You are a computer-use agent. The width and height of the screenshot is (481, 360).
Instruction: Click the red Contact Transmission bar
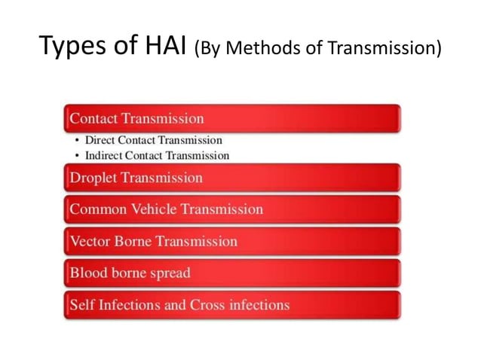(x=232, y=118)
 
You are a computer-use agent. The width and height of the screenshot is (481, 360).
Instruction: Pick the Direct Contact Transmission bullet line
(x=153, y=140)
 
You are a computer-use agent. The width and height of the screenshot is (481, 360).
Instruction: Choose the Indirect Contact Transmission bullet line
(x=157, y=155)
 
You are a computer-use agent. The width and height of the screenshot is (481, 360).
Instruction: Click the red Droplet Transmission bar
(x=232, y=178)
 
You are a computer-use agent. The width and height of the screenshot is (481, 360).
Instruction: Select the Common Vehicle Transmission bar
(x=232, y=209)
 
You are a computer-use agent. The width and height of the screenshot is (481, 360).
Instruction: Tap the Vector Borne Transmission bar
(x=232, y=241)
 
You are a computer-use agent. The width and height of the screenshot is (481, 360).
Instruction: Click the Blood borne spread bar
(x=232, y=273)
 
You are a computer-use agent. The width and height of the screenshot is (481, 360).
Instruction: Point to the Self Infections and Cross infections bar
(x=232, y=305)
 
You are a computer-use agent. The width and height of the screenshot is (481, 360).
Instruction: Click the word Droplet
(x=94, y=178)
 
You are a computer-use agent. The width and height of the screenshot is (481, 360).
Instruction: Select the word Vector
(x=90, y=242)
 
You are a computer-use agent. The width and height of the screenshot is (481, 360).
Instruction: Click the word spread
(x=169, y=273)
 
